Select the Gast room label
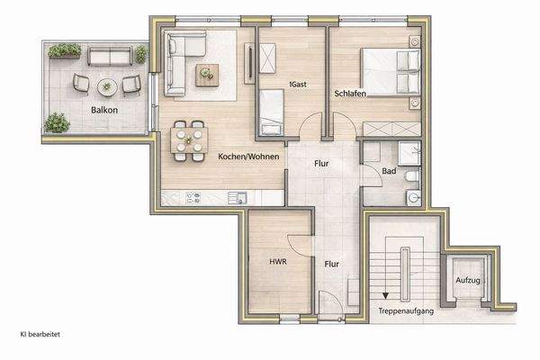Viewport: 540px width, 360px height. pyautogui.click(x=299, y=85)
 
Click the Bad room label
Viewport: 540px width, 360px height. pyautogui.click(x=389, y=170)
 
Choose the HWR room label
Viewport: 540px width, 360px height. pyautogui.click(x=277, y=265)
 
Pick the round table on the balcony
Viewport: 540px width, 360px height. pyautogui.click(x=108, y=86)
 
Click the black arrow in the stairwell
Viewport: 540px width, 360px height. pyautogui.click(x=385, y=292)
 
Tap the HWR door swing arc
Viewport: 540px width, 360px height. pyautogui.click(x=299, y=247)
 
